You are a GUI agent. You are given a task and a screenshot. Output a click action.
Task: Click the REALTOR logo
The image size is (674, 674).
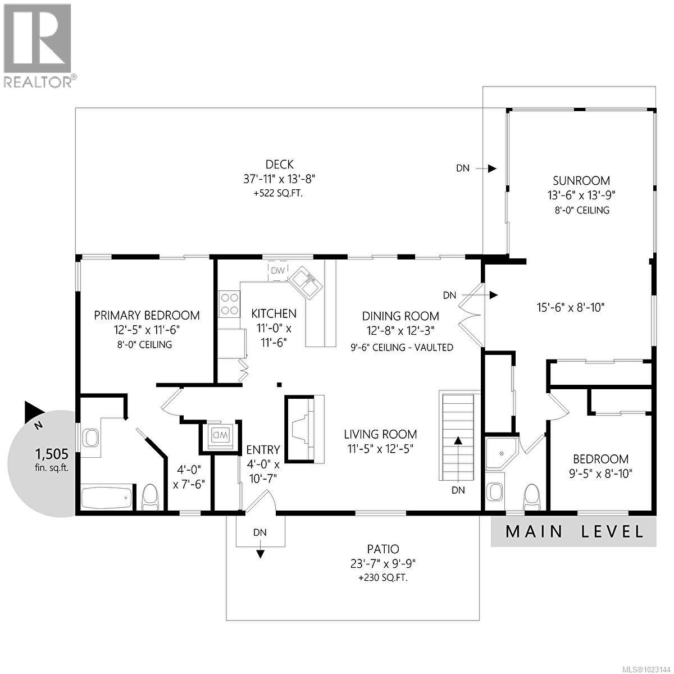pos(38,45)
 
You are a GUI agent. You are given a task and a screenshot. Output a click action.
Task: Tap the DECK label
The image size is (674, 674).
pos(279,165)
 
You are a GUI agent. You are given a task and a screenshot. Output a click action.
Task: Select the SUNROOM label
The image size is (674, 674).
pos(581,181)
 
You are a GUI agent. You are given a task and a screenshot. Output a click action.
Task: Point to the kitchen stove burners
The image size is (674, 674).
pos(229,303)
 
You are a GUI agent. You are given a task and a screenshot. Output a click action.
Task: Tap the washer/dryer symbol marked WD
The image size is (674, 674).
pos(219,435)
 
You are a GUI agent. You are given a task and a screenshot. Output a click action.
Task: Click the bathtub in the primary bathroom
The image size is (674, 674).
pos(107,497)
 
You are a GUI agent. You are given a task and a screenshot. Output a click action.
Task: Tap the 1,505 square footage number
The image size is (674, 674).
pos(51,453)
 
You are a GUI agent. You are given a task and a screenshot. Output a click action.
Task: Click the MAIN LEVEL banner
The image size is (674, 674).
pos(573,531)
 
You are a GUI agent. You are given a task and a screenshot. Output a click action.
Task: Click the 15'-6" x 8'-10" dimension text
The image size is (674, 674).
pos(570,308)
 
